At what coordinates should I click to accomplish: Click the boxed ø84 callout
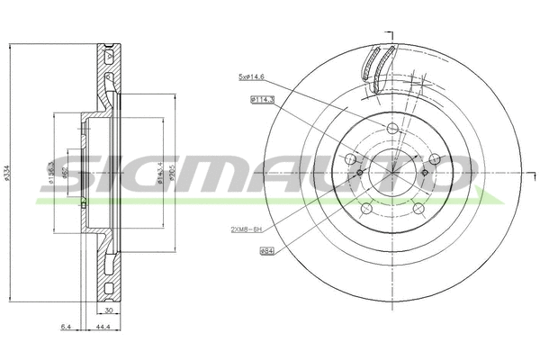pyautogui.click(x=266, y=251)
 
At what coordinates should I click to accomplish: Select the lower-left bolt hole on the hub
pyautogui.click(x=365, y=209)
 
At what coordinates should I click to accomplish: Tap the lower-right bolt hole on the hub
pyautogui.click(x=418, y=209)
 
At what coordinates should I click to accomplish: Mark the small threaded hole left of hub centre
pyautogui.click(x=359, y=173)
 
